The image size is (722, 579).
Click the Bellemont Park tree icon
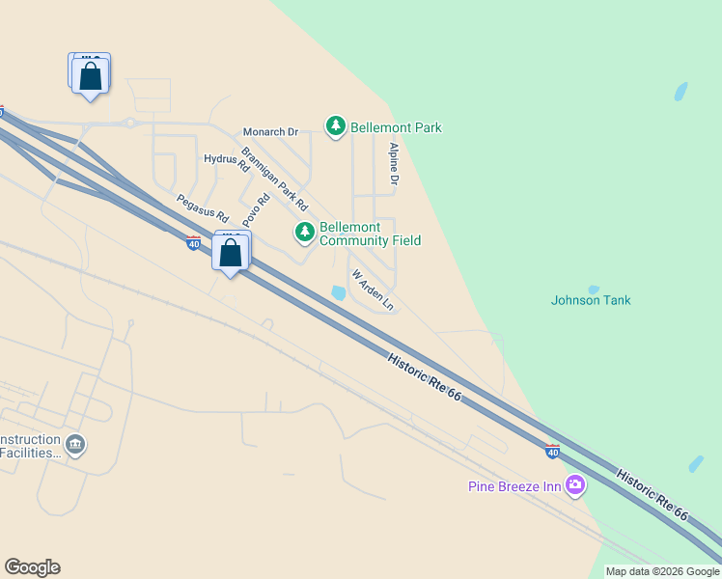pos(336,126)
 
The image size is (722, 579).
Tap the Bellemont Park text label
pos(397,127)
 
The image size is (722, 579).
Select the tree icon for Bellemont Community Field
pos(305,232)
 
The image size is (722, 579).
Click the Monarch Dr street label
pos(271,131)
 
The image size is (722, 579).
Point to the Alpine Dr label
pos(394,164)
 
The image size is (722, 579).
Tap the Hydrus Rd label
pos(227,162)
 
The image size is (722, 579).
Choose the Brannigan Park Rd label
pos(274,179)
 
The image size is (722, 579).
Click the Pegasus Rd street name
pos(202,207)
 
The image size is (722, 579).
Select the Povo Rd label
pos(256,208)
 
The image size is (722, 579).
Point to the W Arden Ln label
pos(374,289)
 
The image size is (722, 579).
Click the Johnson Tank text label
pos(591,300)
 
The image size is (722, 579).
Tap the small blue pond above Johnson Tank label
pos(593,289)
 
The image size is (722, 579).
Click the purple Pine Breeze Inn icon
pos(575,485)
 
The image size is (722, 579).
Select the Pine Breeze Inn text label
pos(514,486)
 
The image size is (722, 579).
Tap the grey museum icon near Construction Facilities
pos(75,445)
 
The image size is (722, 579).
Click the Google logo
pos(32,567)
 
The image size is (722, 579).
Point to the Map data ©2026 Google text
pos(662,571)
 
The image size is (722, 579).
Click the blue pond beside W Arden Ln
pos(338,292)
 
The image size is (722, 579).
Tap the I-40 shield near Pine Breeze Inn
pos(551,451)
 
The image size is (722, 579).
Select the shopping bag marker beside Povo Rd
pos(231,254)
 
